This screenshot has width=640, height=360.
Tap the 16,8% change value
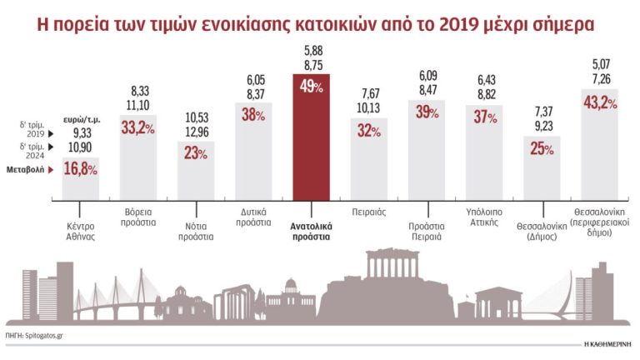click(x=81, y=170)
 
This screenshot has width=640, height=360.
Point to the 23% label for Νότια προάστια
click(x=197, y=153)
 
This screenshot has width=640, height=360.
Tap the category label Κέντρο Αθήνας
click(x=81, y=230)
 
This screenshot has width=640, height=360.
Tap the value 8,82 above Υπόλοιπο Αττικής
click(x=484, y=94)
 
